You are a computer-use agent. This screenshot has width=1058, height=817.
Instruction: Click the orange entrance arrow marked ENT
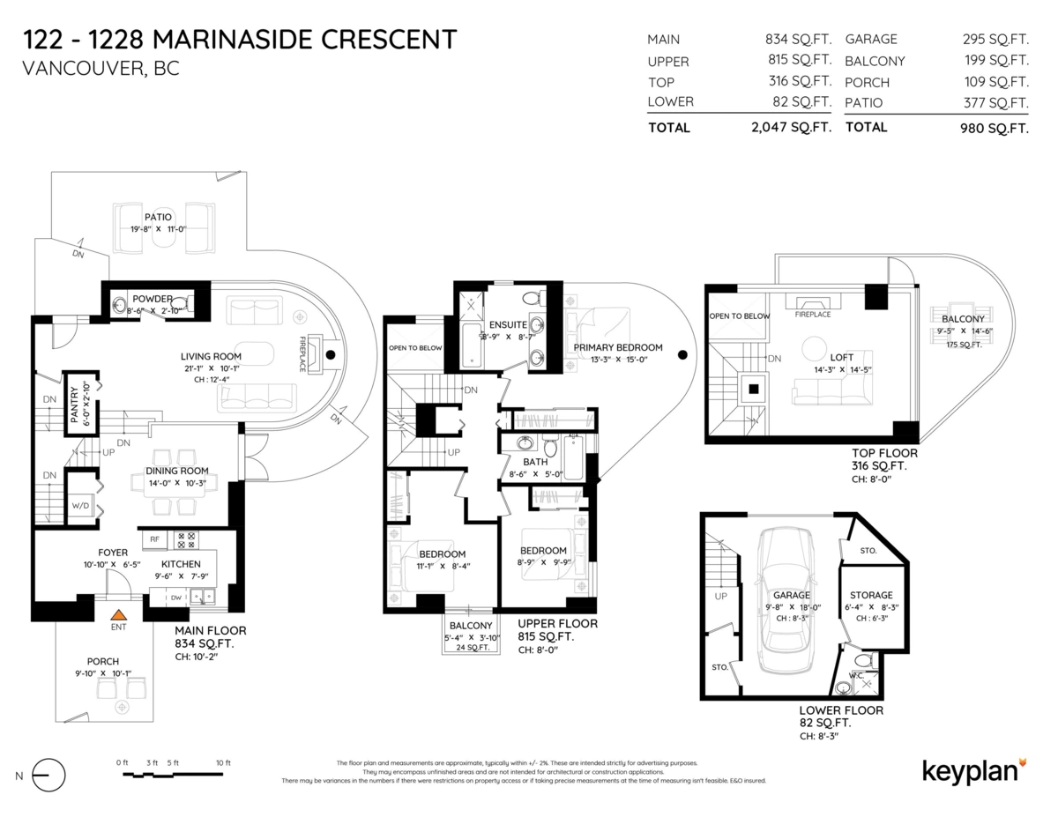(118, 613)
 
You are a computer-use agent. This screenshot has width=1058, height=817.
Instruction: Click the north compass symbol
(48, 776)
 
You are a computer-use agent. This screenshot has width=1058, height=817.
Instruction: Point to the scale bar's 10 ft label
(222, 762)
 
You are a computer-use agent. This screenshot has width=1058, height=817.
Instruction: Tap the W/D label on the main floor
(79, 506)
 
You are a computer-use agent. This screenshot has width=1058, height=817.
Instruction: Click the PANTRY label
(75, 406)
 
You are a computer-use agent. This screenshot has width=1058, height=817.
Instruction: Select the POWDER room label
(153, 299)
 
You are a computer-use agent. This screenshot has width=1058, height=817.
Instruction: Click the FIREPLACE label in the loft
(812, 314)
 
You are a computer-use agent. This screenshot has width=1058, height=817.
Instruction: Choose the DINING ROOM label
(177, 471)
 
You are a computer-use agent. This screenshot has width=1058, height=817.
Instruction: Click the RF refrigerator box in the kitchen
(153, 539)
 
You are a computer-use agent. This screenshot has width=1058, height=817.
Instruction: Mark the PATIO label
(158, 217)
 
